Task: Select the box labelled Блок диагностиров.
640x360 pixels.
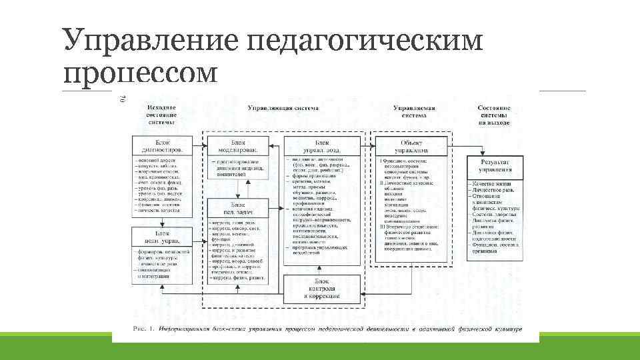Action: click(x=162, y=146)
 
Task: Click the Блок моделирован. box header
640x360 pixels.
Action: click(x=238, y=146)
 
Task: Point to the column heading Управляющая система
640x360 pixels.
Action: click(x=283, y=108)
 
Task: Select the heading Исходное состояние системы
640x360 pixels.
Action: click(x=162, y=115)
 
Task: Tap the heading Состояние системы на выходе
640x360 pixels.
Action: click(x=495, y=115)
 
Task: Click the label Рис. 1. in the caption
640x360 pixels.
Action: click(x=143, y=329)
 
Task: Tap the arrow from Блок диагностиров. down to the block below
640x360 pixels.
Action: click(x=162, y=222)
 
